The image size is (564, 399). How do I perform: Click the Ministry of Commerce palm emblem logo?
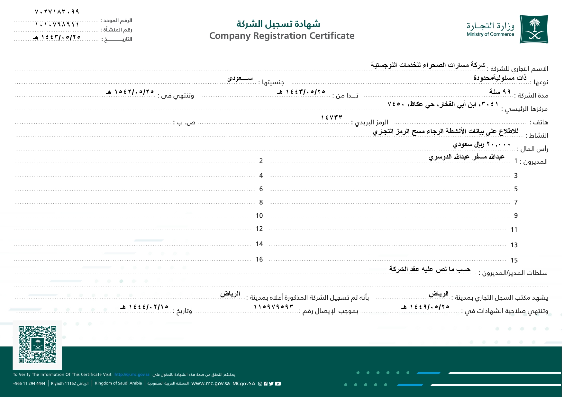point(534,29)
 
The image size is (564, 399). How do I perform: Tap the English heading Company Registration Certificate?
point(282,36)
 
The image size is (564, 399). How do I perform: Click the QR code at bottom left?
point(37,345)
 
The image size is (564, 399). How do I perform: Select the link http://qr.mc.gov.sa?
point(132,375)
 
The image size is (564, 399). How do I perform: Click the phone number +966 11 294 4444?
point(29,384)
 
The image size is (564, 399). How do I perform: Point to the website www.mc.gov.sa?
point(211,384)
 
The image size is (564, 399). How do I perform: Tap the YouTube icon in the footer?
point(278,384)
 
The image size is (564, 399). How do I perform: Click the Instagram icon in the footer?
point(260,384)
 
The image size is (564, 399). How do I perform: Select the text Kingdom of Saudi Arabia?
point(118,383)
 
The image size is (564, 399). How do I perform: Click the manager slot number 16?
point(259,259)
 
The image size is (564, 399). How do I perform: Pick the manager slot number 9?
point(516,216)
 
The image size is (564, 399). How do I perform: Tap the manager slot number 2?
point(261,161)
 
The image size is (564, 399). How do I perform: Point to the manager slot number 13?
point(514,245)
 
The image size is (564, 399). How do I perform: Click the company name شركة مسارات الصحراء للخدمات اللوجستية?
point(428,65)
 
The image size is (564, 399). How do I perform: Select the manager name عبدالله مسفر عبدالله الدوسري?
point(466,157)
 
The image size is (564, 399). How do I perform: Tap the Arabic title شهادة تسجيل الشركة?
point(278,24)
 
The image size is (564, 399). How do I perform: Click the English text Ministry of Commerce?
point(490,34)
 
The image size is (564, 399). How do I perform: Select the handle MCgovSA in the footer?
point(244,384)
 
